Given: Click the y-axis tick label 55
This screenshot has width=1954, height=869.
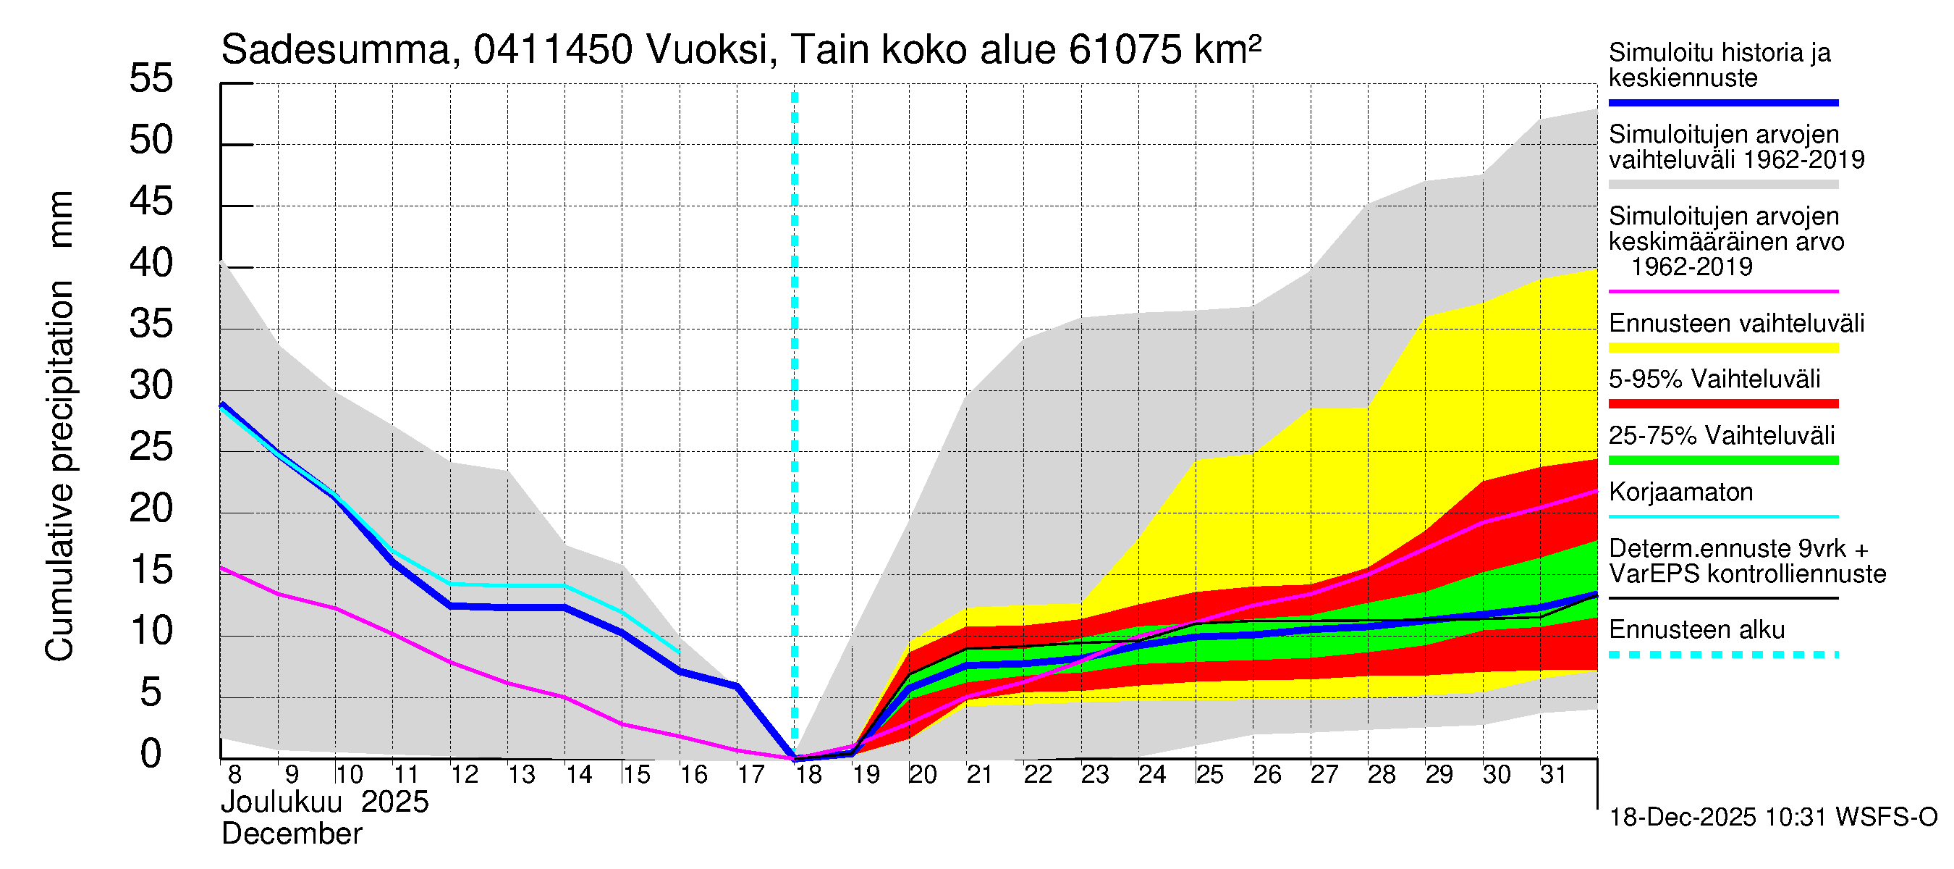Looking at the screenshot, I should point(151,78).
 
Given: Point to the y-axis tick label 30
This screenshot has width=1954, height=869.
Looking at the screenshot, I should point(151,385).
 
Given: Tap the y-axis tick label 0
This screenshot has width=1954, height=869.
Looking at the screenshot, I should point(151,754).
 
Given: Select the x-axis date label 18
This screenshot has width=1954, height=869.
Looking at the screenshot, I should point(808,775).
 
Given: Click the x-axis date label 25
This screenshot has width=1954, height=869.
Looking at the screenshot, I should point(1209,775).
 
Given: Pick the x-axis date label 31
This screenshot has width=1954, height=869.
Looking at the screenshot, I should point(1553,775).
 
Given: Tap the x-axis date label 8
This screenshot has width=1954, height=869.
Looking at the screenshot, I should point(234,775).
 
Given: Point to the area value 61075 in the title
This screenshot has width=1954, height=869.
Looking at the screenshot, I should point(1125,51).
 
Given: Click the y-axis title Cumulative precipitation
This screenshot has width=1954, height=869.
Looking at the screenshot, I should point(60,471).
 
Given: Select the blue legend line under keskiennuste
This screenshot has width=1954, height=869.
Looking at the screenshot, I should point(1723,102).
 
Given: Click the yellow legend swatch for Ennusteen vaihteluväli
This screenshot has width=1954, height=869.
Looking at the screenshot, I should point(1723,348).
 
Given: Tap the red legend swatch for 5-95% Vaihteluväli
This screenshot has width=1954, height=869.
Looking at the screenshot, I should point(1723,404).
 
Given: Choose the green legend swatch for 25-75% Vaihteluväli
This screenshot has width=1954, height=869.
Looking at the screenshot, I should point(1723,460).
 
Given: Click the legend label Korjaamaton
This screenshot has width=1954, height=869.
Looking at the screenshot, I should point(1681,492).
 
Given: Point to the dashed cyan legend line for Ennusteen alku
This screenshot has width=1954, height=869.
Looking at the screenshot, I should point(1723,654).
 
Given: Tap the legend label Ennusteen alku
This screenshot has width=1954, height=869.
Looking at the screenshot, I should point(1697,630).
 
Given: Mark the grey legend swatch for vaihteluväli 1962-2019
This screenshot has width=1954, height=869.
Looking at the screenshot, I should point(1723,185).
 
